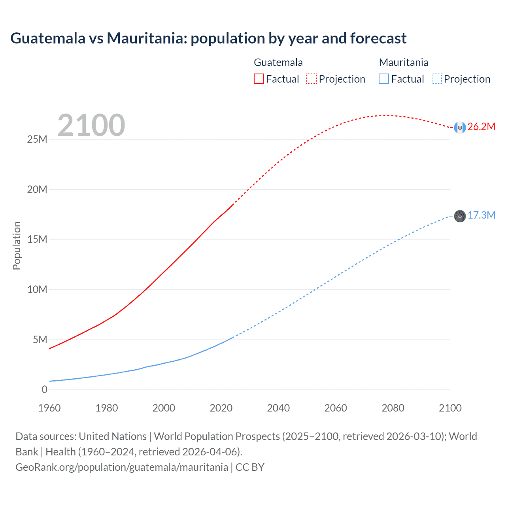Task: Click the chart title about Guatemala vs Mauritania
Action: [208, 38]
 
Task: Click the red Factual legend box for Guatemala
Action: [259, 79]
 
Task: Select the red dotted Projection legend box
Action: [312, 79]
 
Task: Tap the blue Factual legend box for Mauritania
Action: [384, 79]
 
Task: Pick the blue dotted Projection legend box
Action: [437, 79]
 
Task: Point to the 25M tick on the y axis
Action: [37, 140]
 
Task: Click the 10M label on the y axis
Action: [37, 290]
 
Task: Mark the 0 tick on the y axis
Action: [44, 390]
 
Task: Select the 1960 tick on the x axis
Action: [49, 408]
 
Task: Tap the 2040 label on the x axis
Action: [278, 408]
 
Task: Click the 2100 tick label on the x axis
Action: [450, 408]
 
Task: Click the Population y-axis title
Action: [17, 245]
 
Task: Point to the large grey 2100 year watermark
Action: [91, 125]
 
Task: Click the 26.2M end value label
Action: [481, 127]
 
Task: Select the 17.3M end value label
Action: [481, 215]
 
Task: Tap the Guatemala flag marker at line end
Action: [460, 127]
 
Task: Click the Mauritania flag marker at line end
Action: [460, 216]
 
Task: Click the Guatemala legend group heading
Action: [278, 62]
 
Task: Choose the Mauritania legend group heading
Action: [404, 62]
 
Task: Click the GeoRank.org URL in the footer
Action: [122, 467]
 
